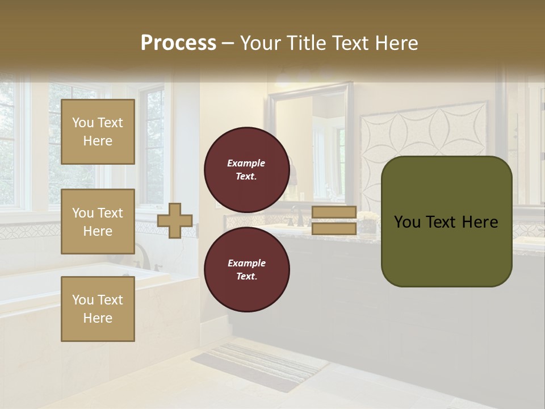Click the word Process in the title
click(x=178, y=43)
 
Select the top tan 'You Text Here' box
click(x=98, y=132)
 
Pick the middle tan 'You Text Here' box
click(x=98, y=222)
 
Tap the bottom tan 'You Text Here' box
click(x=98, y=308)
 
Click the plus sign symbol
click(x=175, y=220)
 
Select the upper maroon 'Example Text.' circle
click(x=246, y=169)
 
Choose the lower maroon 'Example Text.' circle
click(x=246, y=269)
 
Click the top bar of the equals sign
click(x=334, y=212)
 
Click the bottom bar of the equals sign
click(x=334, y=228)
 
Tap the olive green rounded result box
click(x=446, y=222)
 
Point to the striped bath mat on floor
click(x=255, y=366)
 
